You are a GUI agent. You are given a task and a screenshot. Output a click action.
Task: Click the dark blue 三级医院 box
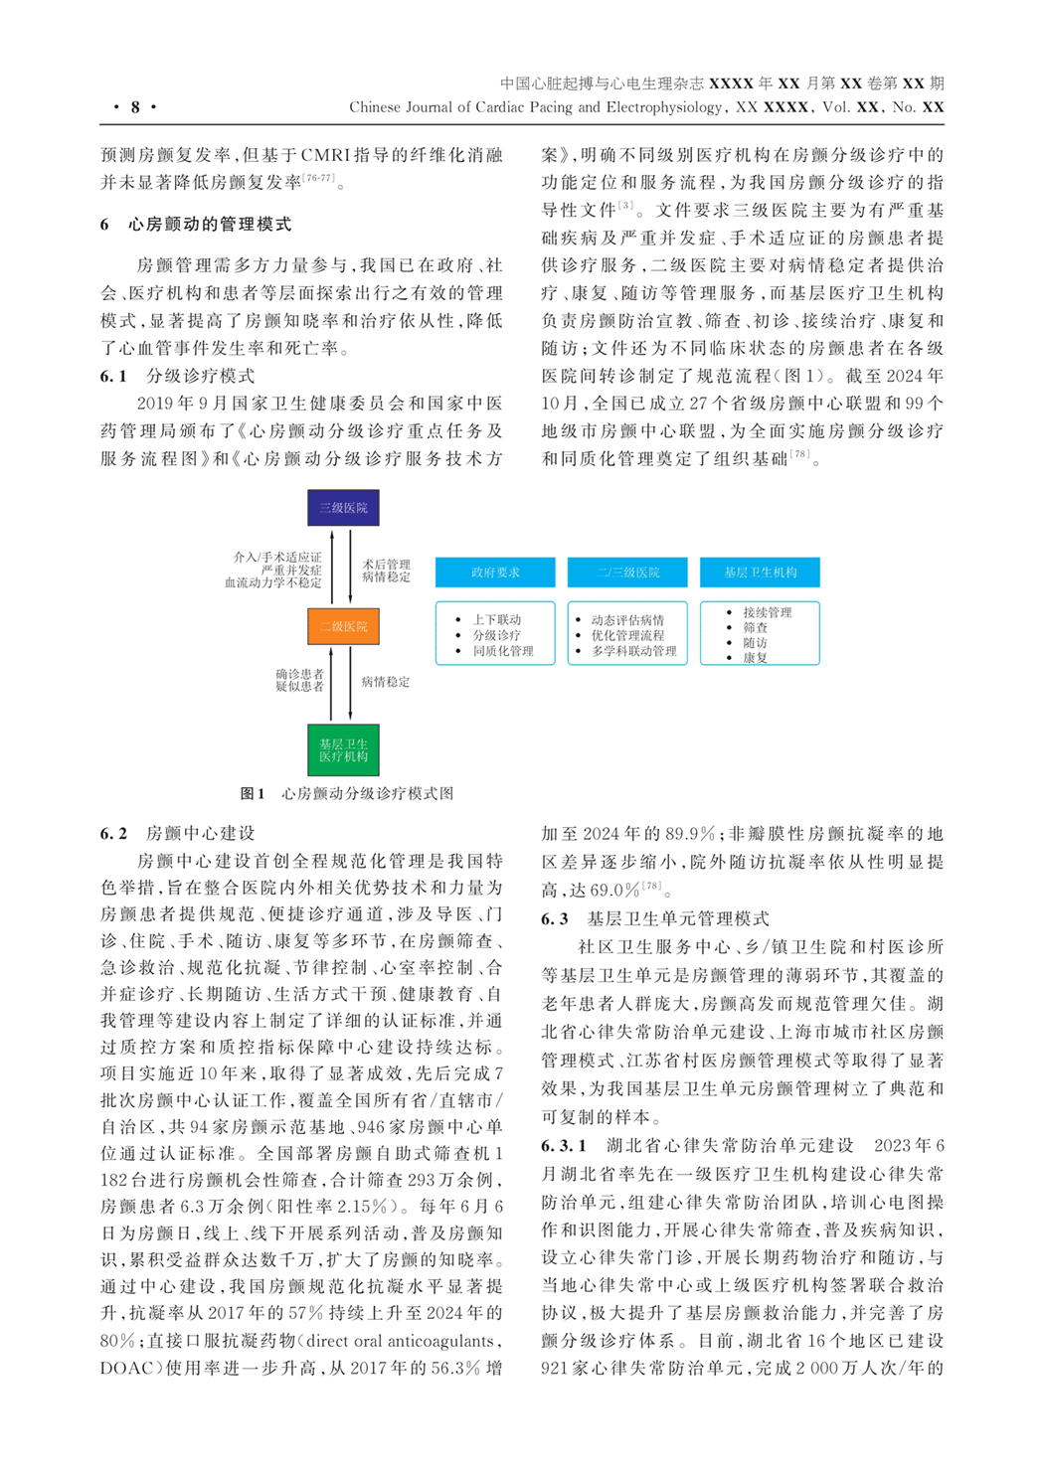343,508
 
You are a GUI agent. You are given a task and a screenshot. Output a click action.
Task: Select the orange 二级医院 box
343,627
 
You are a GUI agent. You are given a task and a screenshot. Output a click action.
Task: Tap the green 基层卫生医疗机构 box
343,750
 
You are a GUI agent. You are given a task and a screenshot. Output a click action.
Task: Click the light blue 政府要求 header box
495,573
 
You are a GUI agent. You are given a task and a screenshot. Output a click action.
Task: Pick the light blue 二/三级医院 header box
627,573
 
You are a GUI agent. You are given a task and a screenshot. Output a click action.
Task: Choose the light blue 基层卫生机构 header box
760,573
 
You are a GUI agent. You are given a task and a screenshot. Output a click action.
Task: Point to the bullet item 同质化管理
503,651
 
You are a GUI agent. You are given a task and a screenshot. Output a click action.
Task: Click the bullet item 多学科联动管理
633,651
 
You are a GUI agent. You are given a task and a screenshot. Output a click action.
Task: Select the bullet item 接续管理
768,612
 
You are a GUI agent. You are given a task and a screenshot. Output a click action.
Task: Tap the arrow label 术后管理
386,565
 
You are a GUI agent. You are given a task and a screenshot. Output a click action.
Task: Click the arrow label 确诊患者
299,674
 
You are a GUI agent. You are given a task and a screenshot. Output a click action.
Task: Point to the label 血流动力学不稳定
272,583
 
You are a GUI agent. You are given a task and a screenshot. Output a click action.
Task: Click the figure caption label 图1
253,794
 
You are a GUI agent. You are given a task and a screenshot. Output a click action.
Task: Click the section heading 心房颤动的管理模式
210,225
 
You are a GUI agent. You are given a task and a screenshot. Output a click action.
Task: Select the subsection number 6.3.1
564,1146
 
